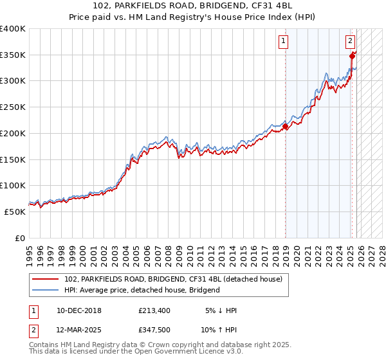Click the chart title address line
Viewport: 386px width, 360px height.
(x=192, y=6)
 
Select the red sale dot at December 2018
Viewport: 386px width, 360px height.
(x=285, y=127)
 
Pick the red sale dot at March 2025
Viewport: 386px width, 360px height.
(x=353, y=57)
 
